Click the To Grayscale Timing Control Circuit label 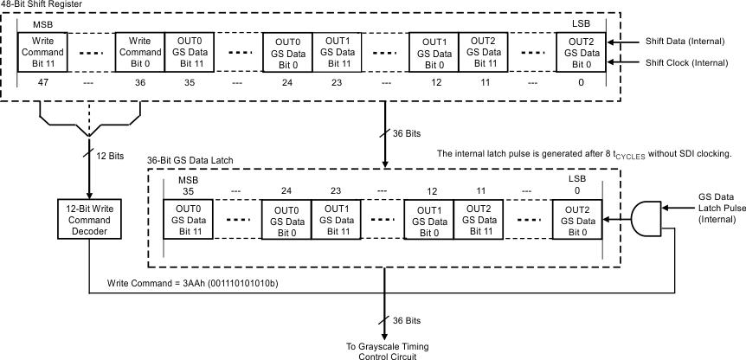(x=383, y=349)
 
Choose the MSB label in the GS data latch (x=188, y=178)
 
